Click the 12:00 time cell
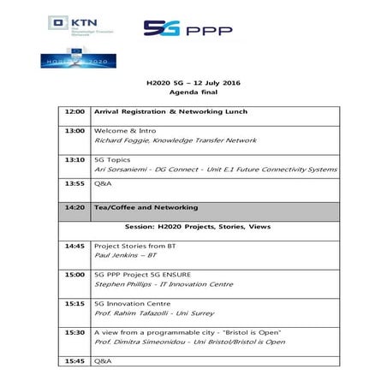tap(74, 112)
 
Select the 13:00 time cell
tap(74, 131)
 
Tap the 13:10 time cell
tap(74, 160)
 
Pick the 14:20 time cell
tap(74, 207)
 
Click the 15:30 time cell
tap(74, 331)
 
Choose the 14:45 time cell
tap(74, 246)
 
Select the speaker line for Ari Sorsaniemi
tap(202, 170)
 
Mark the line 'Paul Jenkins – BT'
tap(126, 255)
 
